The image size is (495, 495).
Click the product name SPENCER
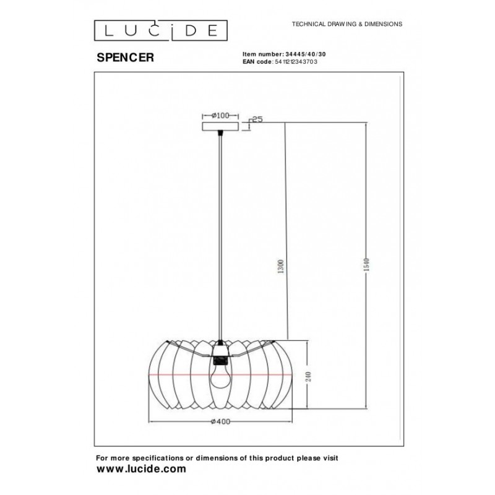(x=126, y=57)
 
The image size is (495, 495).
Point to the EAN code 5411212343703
(x=295, y=62)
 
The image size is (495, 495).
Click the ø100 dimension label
(x=220, y=115)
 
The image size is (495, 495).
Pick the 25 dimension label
(x=259, y=119)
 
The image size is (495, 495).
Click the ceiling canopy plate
(x=220, y=127)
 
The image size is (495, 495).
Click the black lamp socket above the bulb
(x=219, y=354)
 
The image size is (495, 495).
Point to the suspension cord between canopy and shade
(x=220, y=235)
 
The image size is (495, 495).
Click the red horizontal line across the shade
(x=186, y=376)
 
